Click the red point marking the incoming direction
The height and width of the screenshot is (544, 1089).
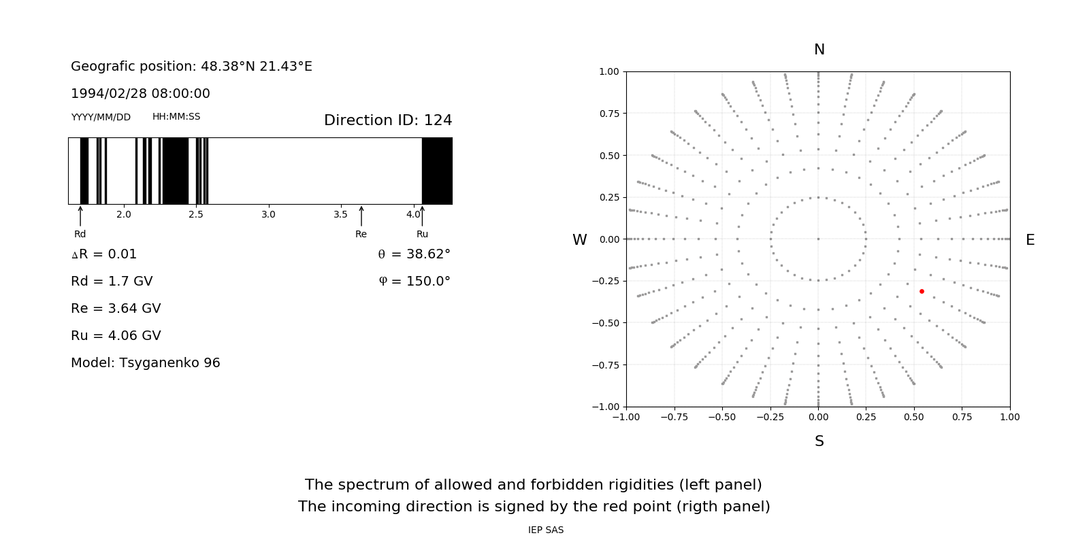point(922,291)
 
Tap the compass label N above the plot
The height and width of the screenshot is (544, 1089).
point(819,50)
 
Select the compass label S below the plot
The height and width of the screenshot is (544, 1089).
point(819,441)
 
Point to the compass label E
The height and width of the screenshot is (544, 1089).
point(1030,240)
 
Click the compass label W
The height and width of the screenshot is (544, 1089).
point(579,240)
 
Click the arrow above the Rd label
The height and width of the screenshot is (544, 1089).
point(80,216)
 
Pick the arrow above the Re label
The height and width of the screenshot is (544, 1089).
point(361,216)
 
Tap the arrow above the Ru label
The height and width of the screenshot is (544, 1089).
point(422,216)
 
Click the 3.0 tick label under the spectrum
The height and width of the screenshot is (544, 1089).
point(268,215)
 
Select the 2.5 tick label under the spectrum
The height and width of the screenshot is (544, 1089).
point(196,215)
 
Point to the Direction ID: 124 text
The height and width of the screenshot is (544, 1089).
point(388,120)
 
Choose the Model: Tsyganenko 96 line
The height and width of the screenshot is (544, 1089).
point(146,363)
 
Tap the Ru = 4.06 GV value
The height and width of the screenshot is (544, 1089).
point(116,336)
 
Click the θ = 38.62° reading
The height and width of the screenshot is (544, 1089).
point(414,254)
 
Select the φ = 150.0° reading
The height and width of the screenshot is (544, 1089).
point(415,282)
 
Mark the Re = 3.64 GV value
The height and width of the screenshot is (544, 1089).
point(116,309)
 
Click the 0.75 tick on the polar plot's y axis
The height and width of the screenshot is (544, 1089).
point(609,114)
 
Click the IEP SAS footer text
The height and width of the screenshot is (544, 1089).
point(546,530)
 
